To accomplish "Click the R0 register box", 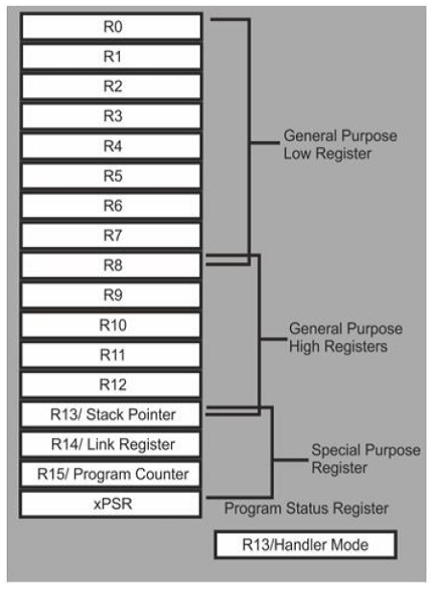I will point(111,27).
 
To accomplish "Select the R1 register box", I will point(111,57).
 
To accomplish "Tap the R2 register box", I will point(111,86).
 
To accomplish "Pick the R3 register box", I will point(111,116).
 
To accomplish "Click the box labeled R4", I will point(111,146).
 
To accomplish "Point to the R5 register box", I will point(111,176).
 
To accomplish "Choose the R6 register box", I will point(111,206).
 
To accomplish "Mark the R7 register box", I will point(111,235).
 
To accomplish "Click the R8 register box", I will point(111,265).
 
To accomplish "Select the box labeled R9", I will point(111,295).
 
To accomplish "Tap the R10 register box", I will point(111,325).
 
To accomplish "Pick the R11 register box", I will point(111,355).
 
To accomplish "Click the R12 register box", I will point(111,384).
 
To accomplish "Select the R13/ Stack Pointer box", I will point(111,414).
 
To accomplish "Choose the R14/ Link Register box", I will point(111,444).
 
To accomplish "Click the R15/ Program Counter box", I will point(111,474).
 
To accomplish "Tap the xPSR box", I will point(111,504).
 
